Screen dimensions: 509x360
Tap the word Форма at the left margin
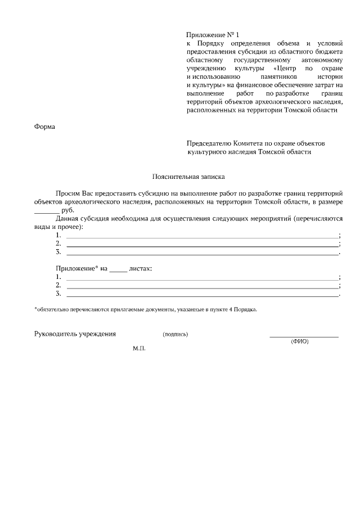45,127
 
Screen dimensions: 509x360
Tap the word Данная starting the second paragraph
67,218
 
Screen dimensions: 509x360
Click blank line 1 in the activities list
202,237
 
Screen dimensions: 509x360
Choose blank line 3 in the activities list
202,254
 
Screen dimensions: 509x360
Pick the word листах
141,269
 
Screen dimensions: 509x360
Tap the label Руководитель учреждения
75,334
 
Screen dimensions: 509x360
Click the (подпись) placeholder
175,335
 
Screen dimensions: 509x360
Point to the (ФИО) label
299,341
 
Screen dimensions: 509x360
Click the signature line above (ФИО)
304,336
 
